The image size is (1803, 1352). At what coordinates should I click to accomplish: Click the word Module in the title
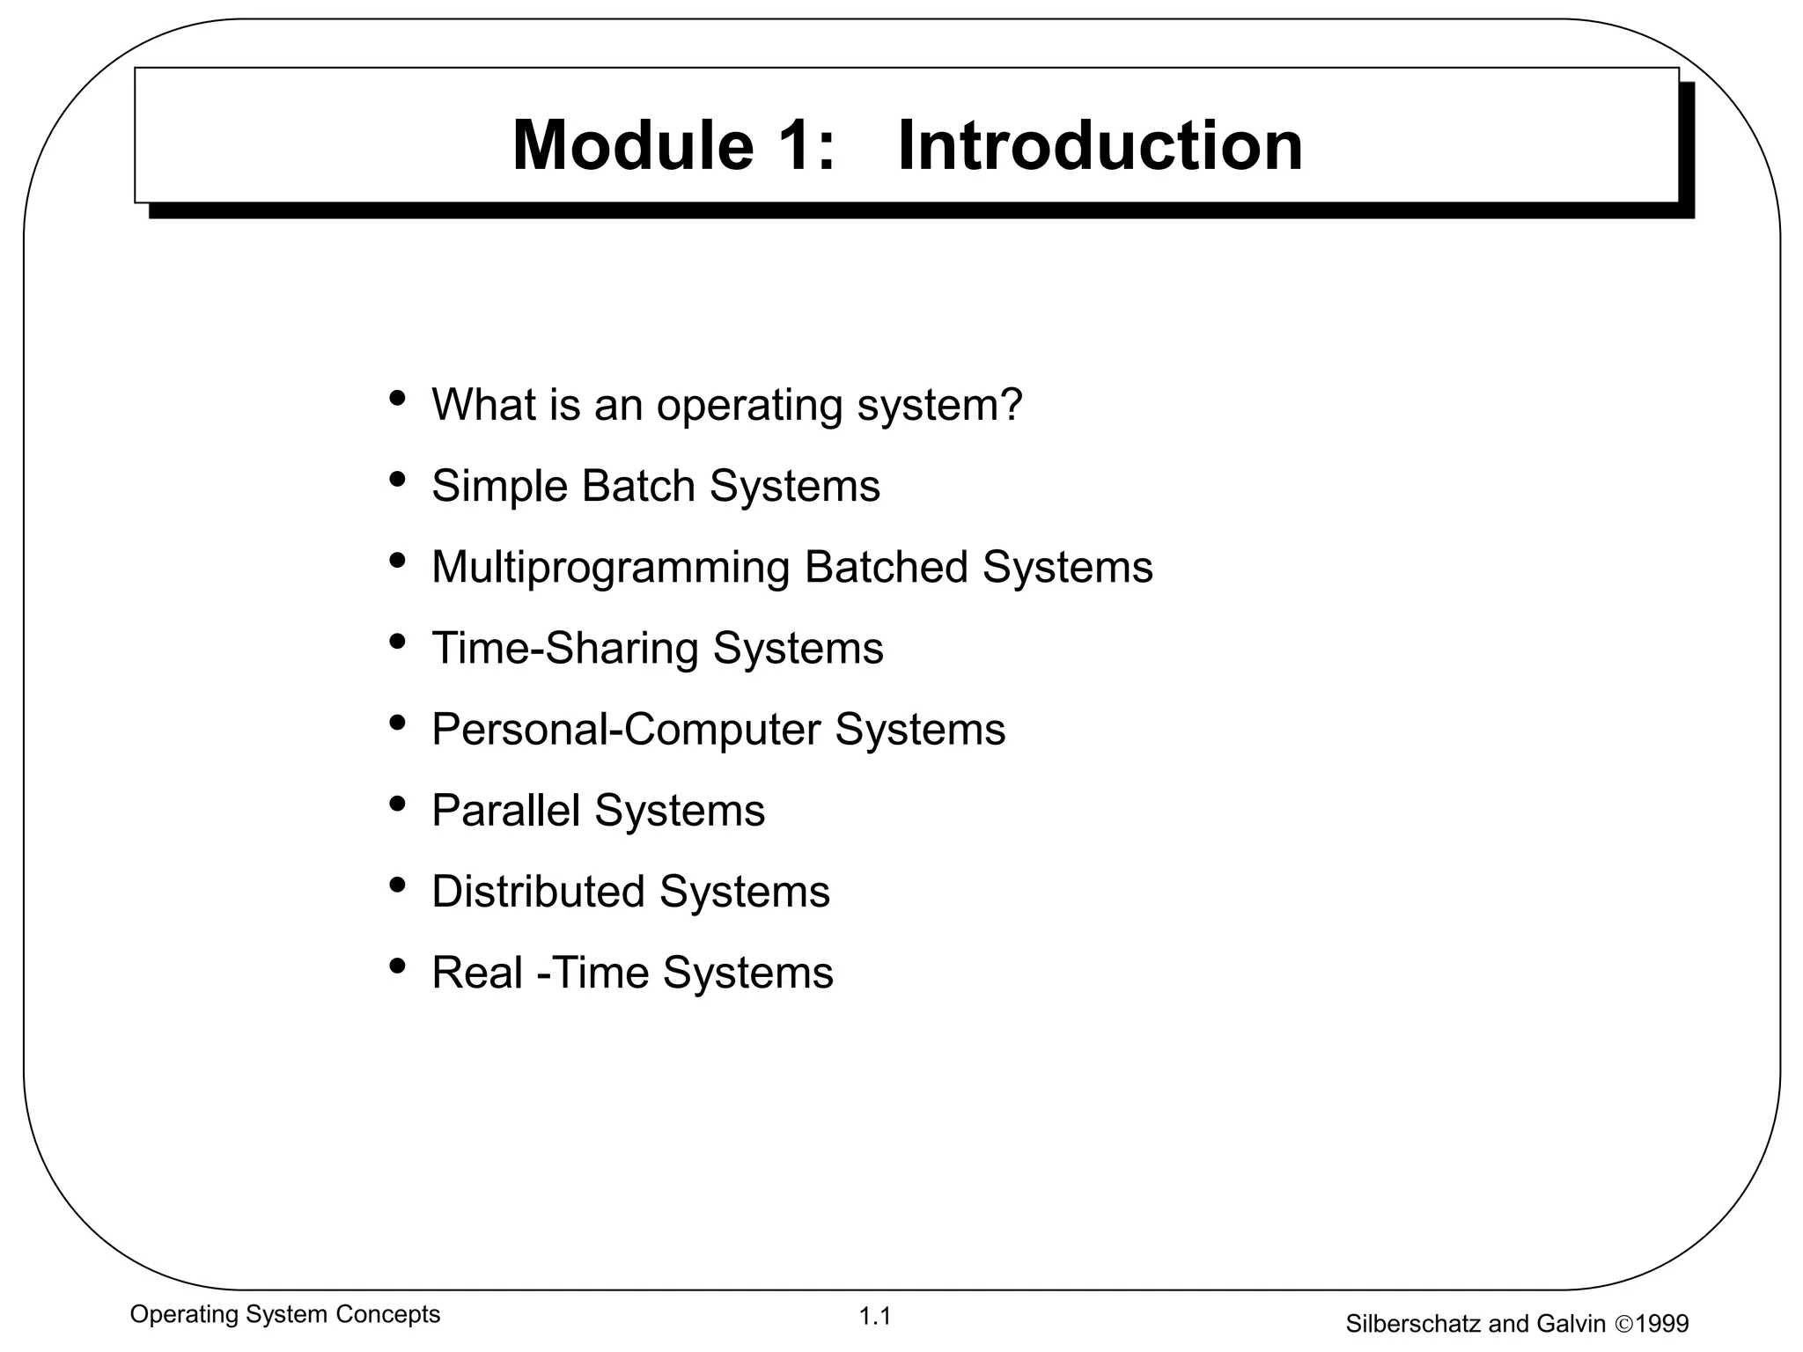click(x=632, y=145)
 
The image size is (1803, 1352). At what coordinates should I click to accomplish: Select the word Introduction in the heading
click(x=1100, y=145)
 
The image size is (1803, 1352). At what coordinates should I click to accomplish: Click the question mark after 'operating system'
click(x=1012, y=404)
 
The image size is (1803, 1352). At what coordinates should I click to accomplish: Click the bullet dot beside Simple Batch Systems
click(x=397, y=480)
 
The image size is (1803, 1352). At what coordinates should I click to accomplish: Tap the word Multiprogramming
click(x=610, y=568)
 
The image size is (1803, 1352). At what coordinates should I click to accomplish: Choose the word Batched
click(x=886, y=567)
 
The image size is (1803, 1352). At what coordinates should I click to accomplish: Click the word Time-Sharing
click(x=564, y=649)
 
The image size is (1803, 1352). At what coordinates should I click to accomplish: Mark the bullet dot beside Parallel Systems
click(x=397, y=804)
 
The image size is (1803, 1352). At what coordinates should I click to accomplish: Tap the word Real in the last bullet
click(x=477, y=973)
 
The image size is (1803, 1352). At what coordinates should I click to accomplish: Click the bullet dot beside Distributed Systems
click(x=397, y=885)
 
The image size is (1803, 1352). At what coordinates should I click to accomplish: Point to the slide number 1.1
click(x=875, y=1317)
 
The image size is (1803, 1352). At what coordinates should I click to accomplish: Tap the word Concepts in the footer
click(x=392, y=1314)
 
